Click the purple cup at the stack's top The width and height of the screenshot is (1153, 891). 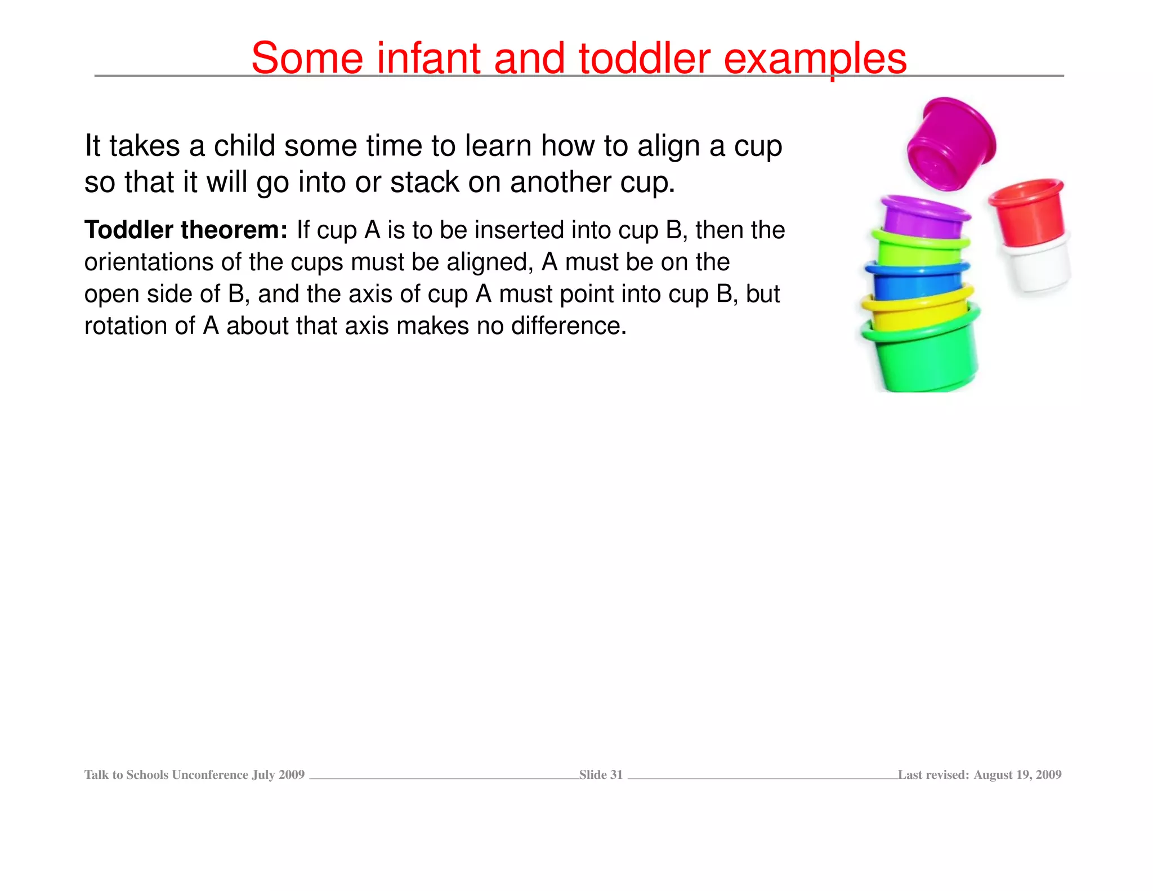tap(923, 217)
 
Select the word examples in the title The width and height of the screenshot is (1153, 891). tap(815, 59)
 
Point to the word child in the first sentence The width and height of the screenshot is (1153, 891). tap(245, 146)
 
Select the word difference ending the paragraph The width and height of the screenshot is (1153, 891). tap(569, 326)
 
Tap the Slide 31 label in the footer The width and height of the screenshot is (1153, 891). tap(601, 775)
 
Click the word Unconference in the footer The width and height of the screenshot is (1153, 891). tap(210, 775)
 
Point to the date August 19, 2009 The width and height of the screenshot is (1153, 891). tap(1017, 775)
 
